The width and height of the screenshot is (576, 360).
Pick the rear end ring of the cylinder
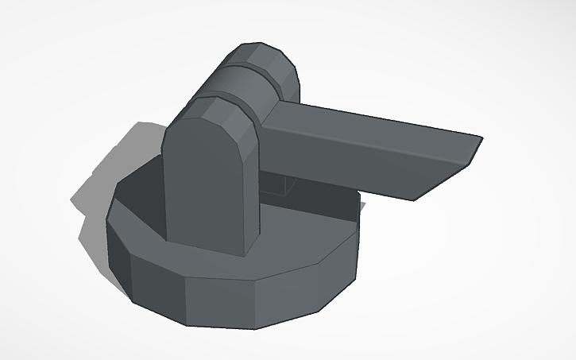[x=266, y=60]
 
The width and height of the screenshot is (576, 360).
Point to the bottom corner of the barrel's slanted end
[x=413, y=199]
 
